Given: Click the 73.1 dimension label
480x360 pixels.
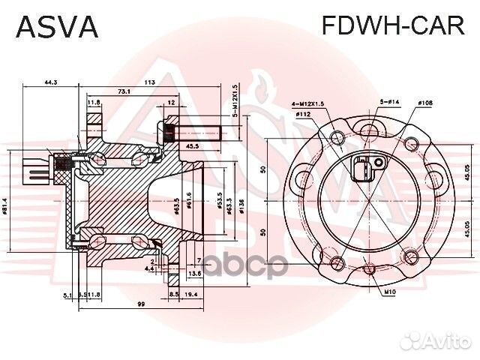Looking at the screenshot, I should pos(124,91).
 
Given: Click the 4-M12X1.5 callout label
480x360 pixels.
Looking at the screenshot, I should pos(309,103).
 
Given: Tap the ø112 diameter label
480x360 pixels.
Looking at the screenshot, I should pos(303,114).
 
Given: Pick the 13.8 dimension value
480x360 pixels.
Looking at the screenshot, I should pos(195,274).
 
